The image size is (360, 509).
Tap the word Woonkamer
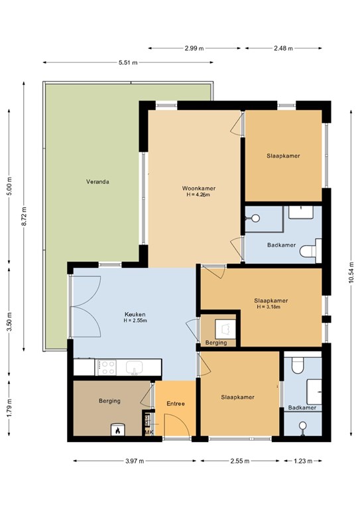click(x=199, y=188)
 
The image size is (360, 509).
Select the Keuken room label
click(x=135, y=314)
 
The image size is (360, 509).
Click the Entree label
click(x=176, y=404)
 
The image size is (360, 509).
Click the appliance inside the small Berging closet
click(x=225, y=327)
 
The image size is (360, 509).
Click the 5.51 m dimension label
click(x=128, y=63)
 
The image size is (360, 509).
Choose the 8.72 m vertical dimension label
click(x=24, y=217)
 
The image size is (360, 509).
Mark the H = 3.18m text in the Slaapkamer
click(x=270, y=307)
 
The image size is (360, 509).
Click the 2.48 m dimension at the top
click(x=283, y=48)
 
